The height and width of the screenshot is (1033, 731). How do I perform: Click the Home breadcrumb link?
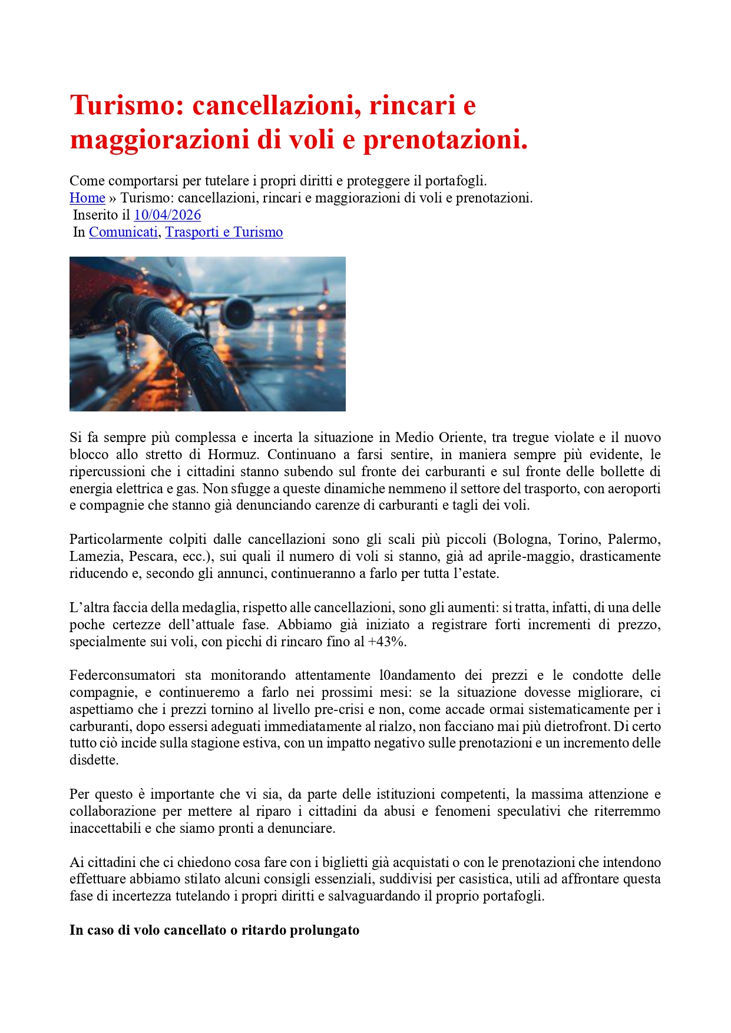pyautogui.click(x=87, y=198)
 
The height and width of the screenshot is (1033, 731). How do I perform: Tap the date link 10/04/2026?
pyautogui.click(x=167, y=215)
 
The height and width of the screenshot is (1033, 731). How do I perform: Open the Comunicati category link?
pyautogui.click(x=123, y=232)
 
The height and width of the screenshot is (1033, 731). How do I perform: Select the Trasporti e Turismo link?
pyautogui.click(x=224, y=232)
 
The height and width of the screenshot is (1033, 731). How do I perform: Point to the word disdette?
pyautogui.click(x=94, y=760)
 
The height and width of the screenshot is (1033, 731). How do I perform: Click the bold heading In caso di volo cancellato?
pyautogui.click(x=214, y=930)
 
